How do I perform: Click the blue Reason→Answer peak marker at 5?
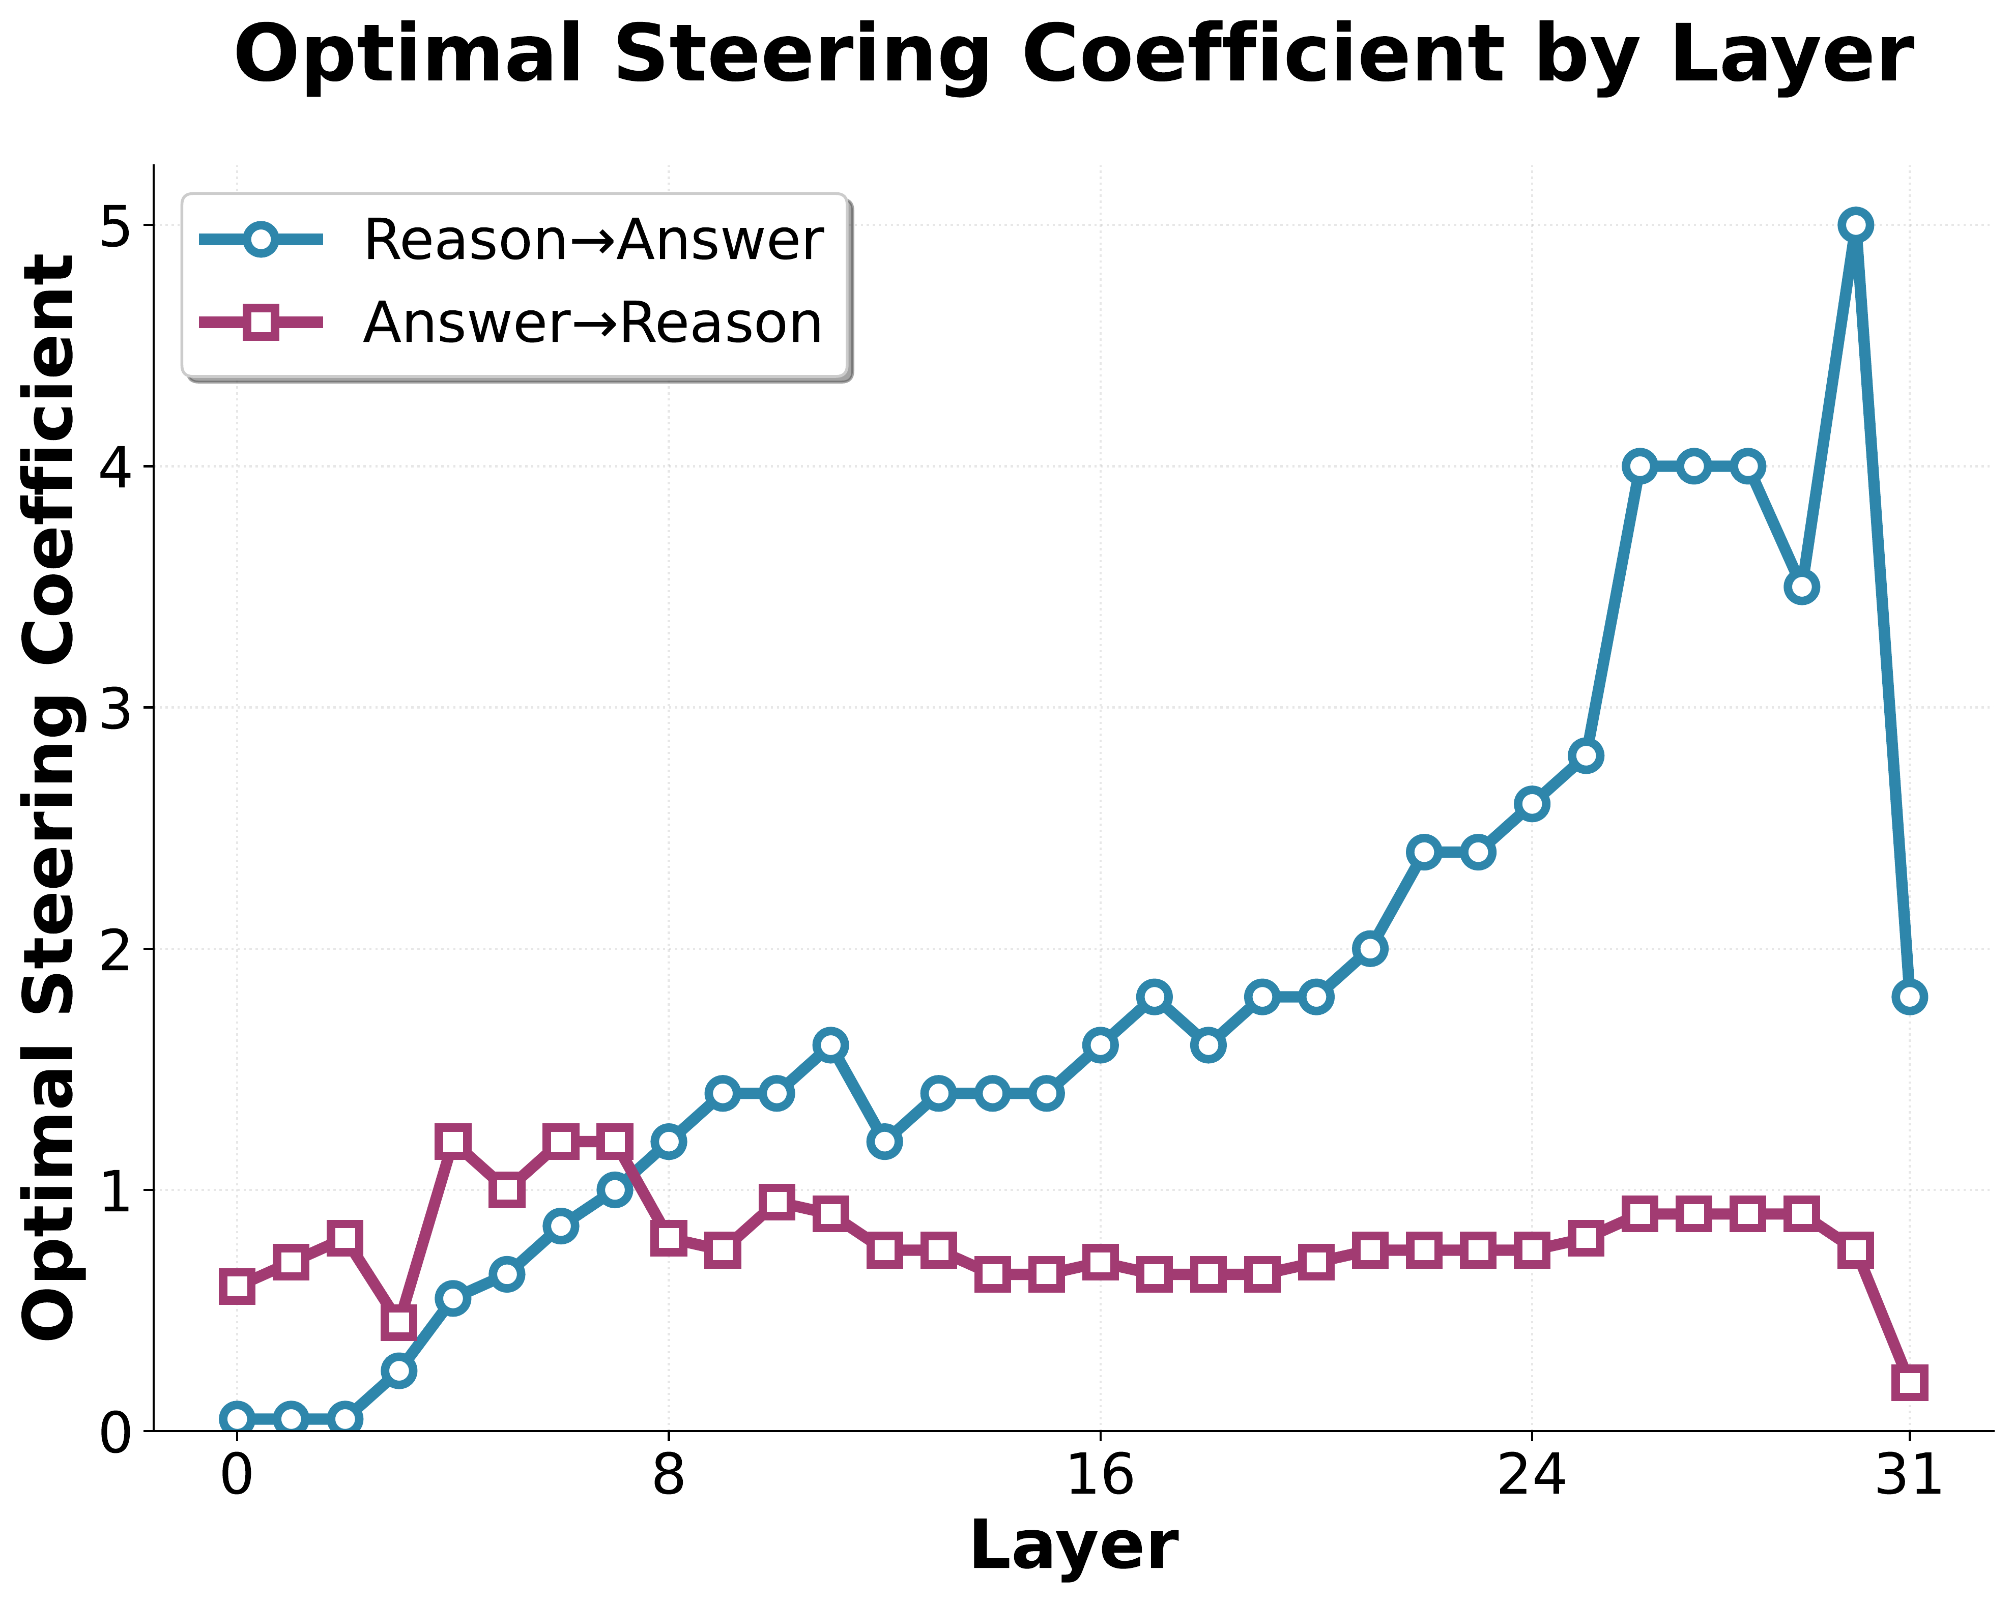[x=1855, y=225]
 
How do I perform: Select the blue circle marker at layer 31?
[x=1909, y=997]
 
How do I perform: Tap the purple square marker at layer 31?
[x=1909, y=1383]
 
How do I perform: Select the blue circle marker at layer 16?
[x=1101, y=1044]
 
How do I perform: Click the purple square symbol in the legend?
[x=263, y=323]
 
